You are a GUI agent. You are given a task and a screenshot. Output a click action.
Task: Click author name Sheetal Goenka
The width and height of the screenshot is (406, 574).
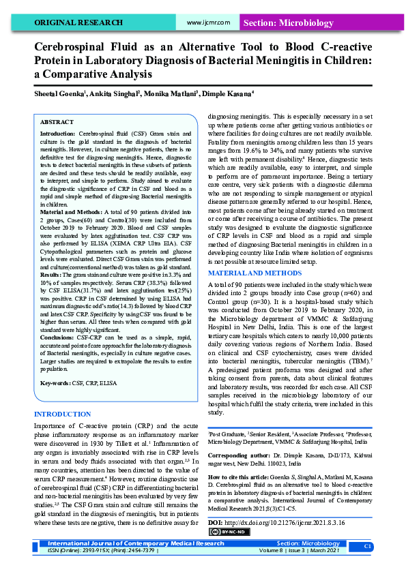click(x=59, y=93)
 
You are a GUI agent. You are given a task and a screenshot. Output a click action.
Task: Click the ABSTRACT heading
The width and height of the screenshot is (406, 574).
click(x=57, y=121)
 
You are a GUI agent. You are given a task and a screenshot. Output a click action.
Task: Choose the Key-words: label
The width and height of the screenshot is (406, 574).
click(x=57, y=383)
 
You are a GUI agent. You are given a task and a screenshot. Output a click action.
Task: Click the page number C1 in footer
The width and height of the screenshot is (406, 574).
click(x=367, y=547)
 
